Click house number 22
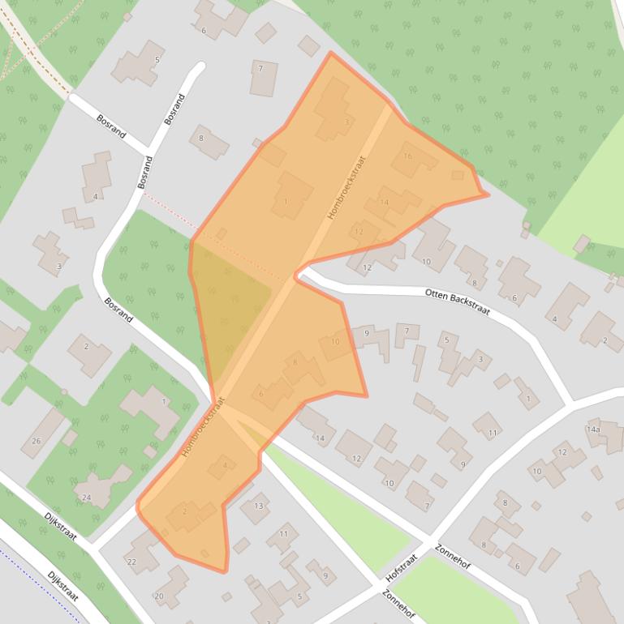[131, 562]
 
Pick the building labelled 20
[159, 596]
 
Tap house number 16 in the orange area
[407, 156]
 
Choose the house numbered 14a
[593, 430]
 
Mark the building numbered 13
[258, 506]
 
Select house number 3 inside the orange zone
[346, 122]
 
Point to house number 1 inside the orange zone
[286, 202]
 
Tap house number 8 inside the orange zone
[295, 362]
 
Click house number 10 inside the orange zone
[335, 342]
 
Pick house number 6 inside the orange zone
[260, 394]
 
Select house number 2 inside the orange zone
[185, 511]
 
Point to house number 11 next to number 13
[283, 534]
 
